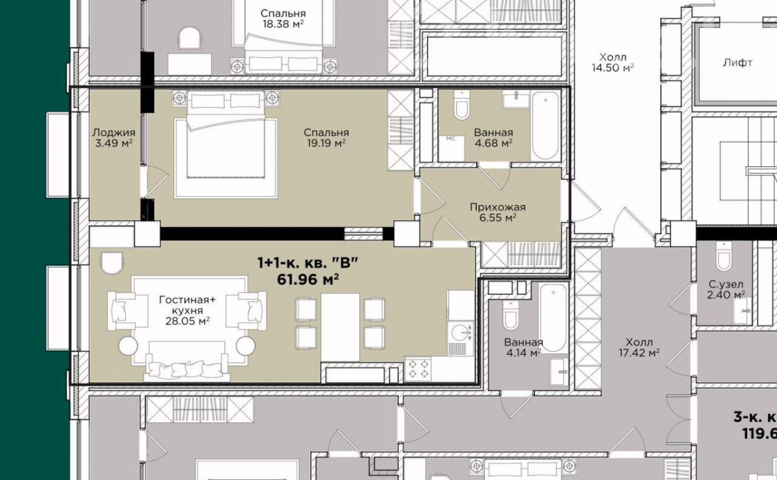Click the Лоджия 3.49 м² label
point(114,138)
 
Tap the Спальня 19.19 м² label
point(326,138)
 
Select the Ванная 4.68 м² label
point(493,138)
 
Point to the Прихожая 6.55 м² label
point(498,212)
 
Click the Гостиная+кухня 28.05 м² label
point(187,310)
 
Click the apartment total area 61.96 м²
point(308,279)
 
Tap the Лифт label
point(738,63)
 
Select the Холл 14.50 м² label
point(613,62)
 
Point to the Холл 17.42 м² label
point(639,348)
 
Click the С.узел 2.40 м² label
point(726,290)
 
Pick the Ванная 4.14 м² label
point(523,348)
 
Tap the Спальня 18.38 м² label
point(283,19)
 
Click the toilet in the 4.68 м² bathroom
point(462,105)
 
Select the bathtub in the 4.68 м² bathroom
point(545,126)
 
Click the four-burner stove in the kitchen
point(418,369)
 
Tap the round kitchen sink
point(460,332)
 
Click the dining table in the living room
point(340,327)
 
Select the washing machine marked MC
point(451,148)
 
